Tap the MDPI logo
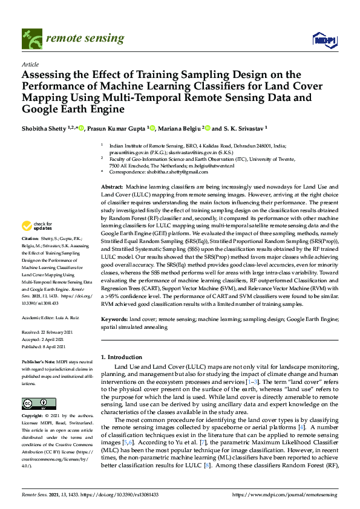pyautogui.click(x=325, y=40)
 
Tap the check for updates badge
pyautogui.click(x=36, y=226)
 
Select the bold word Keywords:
pyautogui.click(x=114, y=319)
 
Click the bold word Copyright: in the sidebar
pyautogui.click(x=34, y=417)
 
